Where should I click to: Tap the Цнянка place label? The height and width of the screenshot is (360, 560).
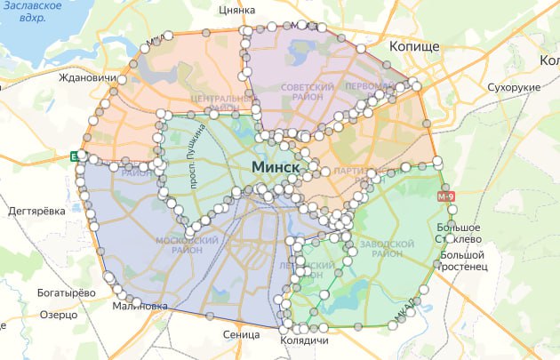click(x=236, y=11)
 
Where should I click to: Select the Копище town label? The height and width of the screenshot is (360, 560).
click(x=413, y=45)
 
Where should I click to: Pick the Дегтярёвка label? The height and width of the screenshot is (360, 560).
click(x=36, y=211)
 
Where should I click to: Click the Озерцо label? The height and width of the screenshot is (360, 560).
click(x=59, y=315)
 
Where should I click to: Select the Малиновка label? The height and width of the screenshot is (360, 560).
click(x=140, y=307)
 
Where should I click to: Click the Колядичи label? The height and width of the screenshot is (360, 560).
click(x=304, y=341)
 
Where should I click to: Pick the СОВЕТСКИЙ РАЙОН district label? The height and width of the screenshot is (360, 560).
click(x=307, y=93)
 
